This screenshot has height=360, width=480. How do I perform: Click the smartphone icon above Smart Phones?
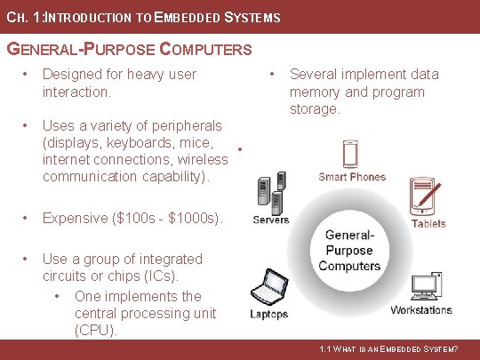tap(352, 153)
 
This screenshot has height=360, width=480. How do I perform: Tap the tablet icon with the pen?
tap(425, 196)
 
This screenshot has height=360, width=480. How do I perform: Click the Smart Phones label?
tap(352, 177)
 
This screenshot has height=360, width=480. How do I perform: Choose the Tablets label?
tap(428, 223)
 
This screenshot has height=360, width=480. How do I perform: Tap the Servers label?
tap(270, 220)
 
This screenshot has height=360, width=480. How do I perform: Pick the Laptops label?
tap(268, 314)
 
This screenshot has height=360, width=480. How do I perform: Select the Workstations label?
tap(421, 310)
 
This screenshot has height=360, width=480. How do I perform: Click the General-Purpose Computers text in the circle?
tap(348, 251)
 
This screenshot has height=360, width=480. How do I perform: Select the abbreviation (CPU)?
tap(96, 331)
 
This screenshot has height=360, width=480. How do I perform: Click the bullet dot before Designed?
tap(28, 75)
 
